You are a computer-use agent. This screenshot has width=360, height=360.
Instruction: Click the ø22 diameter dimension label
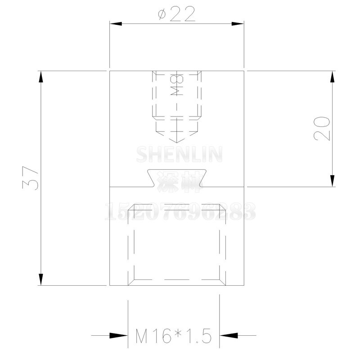(x=177, y=14)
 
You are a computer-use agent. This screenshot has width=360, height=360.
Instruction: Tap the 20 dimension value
(x=322, y=128)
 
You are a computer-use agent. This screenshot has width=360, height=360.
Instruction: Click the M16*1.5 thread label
(x=173, y=336)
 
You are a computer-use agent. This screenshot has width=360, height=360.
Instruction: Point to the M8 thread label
(x=177, y=85)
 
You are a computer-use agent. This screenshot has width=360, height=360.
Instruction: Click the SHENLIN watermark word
(x=179, y=154)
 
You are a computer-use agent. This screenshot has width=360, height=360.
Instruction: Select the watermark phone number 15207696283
(x=180, y=211)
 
